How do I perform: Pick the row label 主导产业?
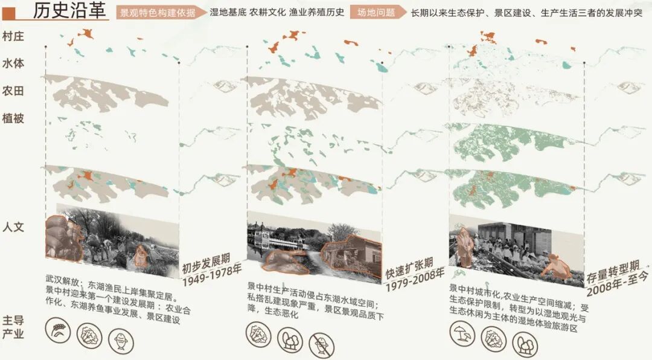click(x=13, y=326)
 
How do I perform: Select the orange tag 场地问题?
click(x=376, y=12)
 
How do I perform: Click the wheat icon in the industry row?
click(x=59, y=331)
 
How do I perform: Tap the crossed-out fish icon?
click(x=321, y=344)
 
